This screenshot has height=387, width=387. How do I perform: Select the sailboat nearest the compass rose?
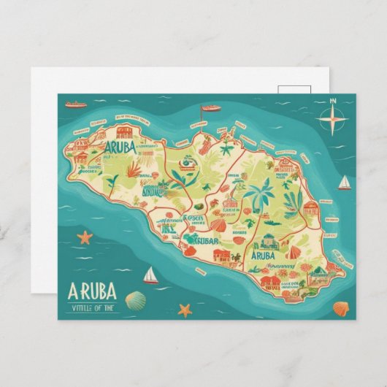(x=344, y=182)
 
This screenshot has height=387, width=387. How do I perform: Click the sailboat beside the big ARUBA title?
(x=150, y=275)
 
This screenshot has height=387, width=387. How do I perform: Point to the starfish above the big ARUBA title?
(x=85, y=237)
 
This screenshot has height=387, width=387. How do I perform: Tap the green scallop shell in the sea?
(x=135, y=299)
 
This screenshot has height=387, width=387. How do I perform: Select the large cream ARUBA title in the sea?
(x=91, y=291)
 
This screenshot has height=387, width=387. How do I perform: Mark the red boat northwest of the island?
(x=75, y=104)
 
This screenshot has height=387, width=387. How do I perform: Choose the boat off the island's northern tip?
(x=210, y=108)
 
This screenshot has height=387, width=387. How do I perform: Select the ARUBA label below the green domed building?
(x=262, y=256)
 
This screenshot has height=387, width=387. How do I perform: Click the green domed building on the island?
(x=267, y=241)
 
